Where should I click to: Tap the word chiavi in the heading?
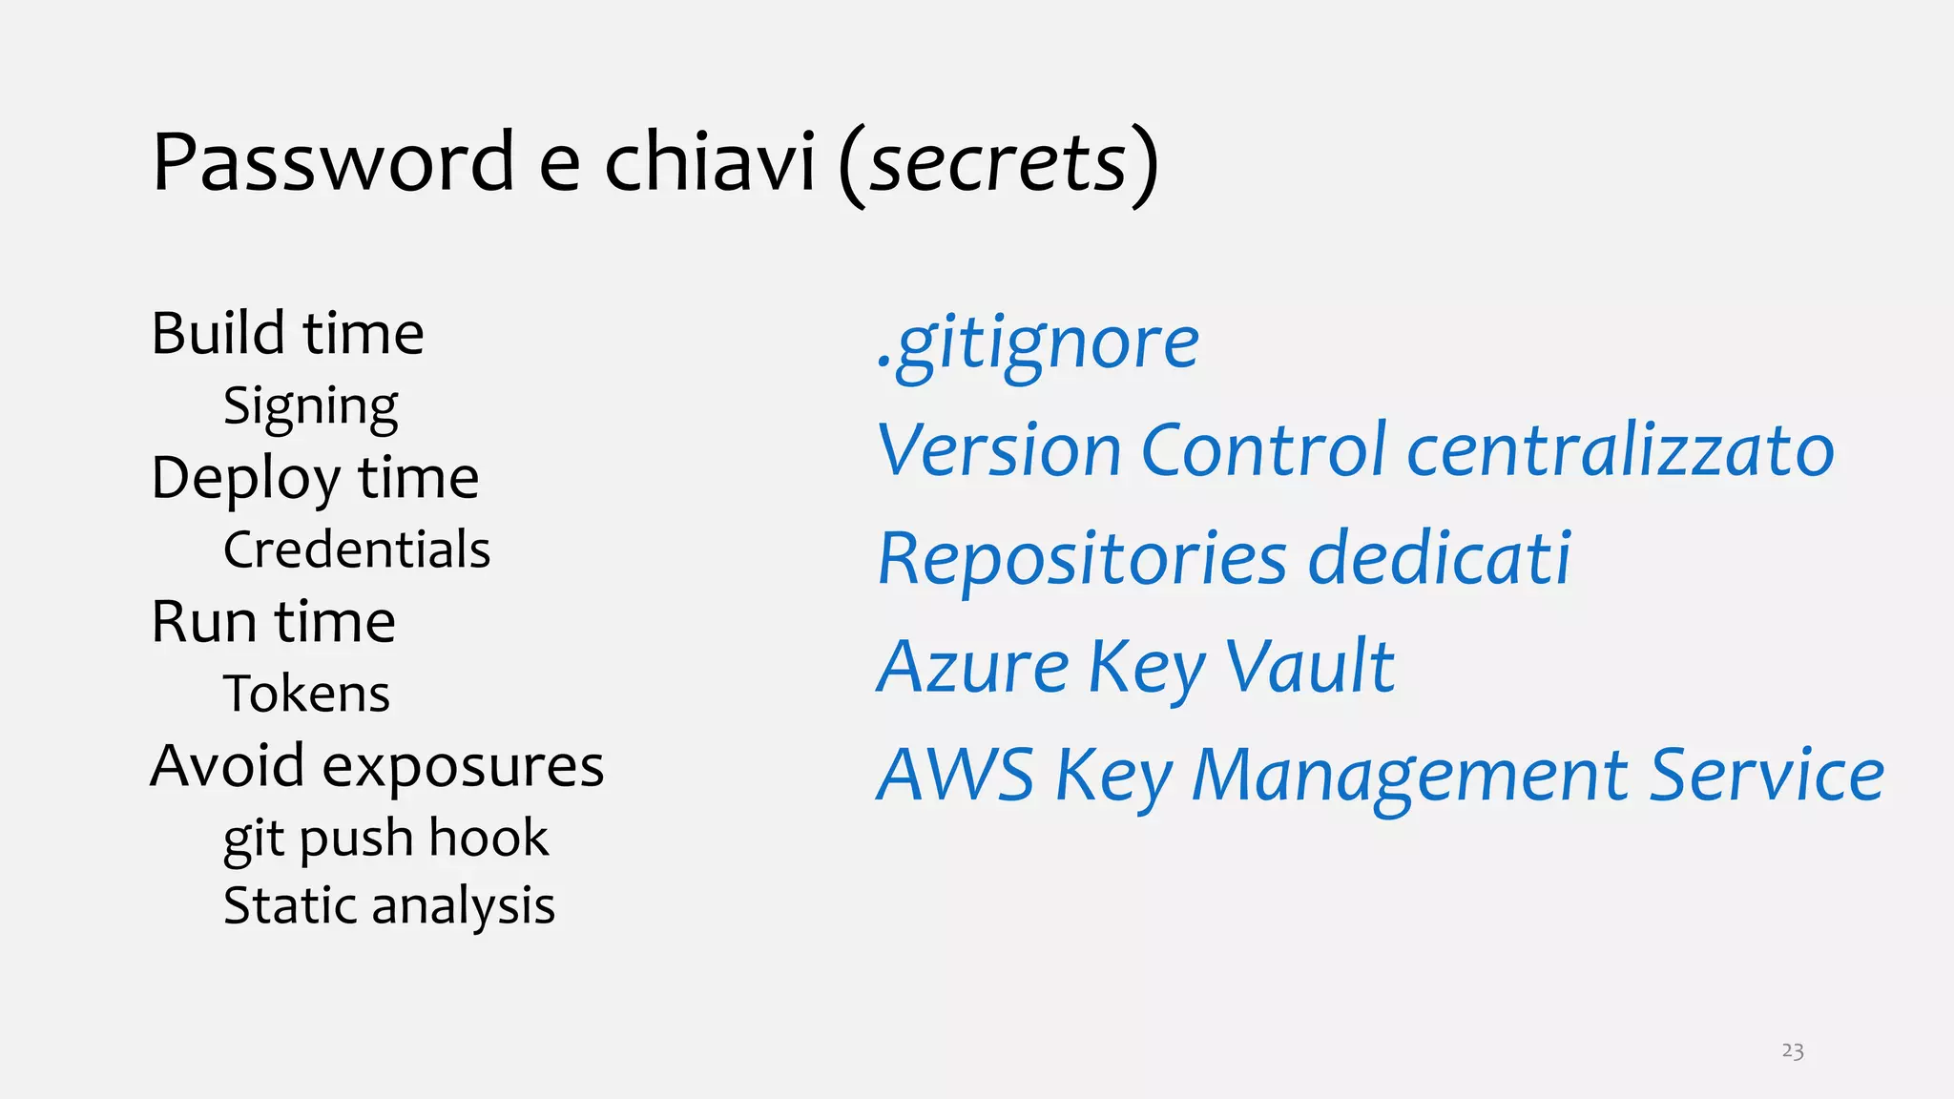[710, 162]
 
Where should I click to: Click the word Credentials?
[357, 550]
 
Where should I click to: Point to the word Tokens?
[306, 695]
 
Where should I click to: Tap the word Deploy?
[245, 479]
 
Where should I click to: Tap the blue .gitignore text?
[1038, 343]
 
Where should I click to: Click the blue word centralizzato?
[1620, 450]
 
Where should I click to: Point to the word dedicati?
[1439, 559]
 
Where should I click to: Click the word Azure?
[973, 667]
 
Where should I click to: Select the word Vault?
[1309, 667]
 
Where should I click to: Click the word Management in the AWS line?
[1410, 776]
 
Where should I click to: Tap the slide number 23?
[1792, 1051]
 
